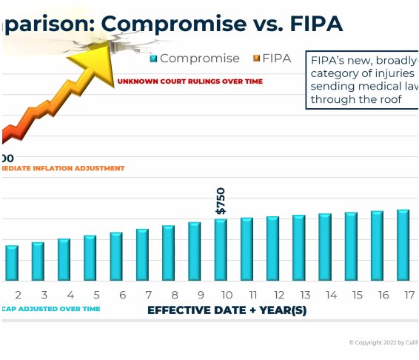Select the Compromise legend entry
tap(195, 59)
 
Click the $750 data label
tap(221, 201)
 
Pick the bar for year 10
tap(221, 250)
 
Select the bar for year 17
tap(403, 245)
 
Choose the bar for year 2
tap(12, 263)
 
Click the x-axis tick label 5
tap(96, 295)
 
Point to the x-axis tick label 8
tap(175, 295)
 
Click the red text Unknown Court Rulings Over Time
tap(189, 81)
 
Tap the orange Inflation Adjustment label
tap(62, 168)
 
